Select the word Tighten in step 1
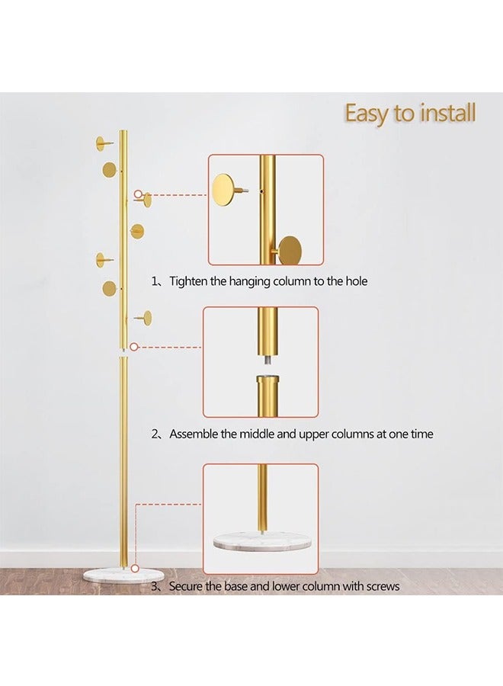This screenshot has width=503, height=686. (x=189, y=281)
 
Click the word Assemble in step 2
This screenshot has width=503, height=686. (x=196, y=434)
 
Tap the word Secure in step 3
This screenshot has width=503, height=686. (x=187, y=586)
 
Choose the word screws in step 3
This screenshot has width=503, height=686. (x=382, y=586)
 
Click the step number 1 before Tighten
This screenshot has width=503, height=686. (x=154, y=281)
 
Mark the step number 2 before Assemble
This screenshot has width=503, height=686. (x=154, y=434)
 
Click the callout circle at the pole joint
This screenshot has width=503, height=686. (x=134, y=347)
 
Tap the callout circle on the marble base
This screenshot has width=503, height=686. (x=134, y=568)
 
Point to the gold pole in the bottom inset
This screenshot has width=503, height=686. (x=262, y=495)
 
